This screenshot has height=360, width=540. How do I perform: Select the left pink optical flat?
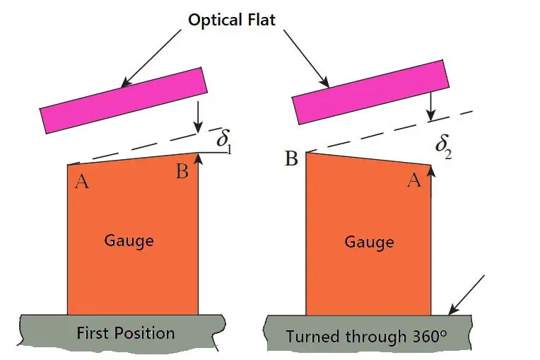[124, 100]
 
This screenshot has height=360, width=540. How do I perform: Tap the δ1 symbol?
[224, 141]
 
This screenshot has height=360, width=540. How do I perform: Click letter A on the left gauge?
[82, 182]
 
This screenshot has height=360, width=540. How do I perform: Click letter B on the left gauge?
[182, 172]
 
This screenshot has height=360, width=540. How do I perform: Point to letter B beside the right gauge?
[291, 158]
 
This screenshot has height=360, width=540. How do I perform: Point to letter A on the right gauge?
[414, 181]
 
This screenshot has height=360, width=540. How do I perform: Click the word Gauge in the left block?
[129, 240]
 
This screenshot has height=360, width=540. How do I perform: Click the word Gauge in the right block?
[368, 243]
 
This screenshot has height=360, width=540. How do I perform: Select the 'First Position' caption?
[125, 332]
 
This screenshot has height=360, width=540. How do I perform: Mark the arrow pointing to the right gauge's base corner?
[466, 293]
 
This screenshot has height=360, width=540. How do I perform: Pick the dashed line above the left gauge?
[134, 149]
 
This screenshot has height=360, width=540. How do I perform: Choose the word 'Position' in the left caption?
[144, 332]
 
